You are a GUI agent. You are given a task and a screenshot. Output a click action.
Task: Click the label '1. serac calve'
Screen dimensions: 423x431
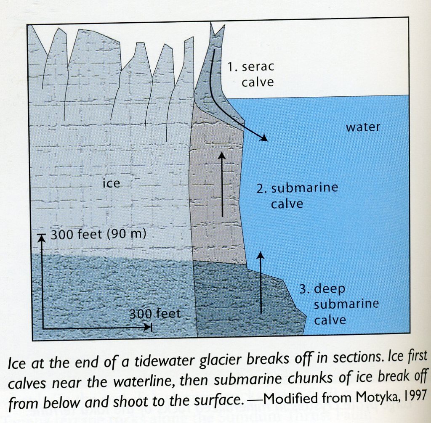click(251, 74)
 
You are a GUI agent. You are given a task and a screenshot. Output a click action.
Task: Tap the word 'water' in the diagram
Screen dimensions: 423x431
click(363, 127)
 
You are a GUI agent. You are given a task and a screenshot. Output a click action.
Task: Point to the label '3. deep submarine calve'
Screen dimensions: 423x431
click(339, 304)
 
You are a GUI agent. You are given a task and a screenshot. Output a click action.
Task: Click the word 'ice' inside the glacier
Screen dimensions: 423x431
click(111, 183)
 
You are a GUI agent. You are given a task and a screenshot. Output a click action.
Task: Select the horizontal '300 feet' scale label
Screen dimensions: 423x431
click(155, 314)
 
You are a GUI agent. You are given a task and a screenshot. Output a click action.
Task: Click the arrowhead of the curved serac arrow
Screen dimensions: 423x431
click(264, 138)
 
